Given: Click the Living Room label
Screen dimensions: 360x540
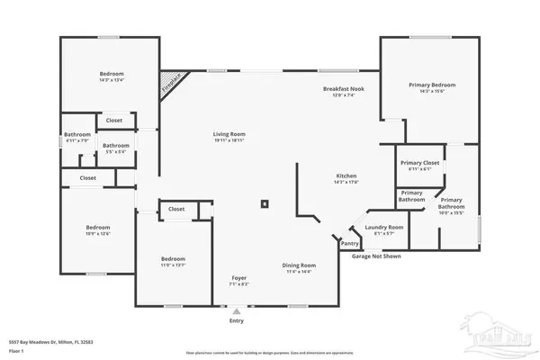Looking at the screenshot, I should point(229,134).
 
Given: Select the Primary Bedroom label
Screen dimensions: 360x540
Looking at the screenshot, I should point(427,85).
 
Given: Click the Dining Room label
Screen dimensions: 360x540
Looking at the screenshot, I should point(298,265).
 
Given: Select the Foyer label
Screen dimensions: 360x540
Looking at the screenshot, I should point(238,278).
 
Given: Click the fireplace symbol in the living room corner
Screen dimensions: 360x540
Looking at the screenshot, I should point(170,84).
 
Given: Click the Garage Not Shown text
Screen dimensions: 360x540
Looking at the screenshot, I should point(376,256).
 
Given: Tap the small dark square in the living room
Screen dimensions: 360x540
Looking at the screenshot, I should point(265,203).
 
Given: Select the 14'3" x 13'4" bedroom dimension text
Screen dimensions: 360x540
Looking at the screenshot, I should point(112,79).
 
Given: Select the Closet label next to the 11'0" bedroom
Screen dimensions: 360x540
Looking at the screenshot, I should point(176,209).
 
